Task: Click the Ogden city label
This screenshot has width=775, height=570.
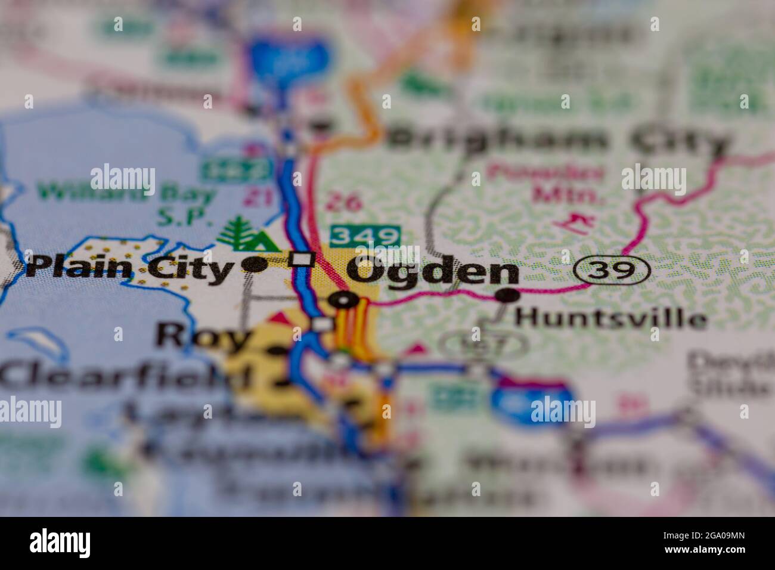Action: click(433, 272)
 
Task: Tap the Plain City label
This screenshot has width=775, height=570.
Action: click(129, 268)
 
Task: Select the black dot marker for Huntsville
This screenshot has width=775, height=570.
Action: click(507, 295)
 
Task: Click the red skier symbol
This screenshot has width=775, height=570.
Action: click(573, 223)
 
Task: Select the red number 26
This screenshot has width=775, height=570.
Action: click(344, 203)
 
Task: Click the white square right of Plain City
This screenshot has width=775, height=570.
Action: click(302, 259)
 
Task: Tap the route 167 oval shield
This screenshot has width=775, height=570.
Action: click(483, 344)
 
